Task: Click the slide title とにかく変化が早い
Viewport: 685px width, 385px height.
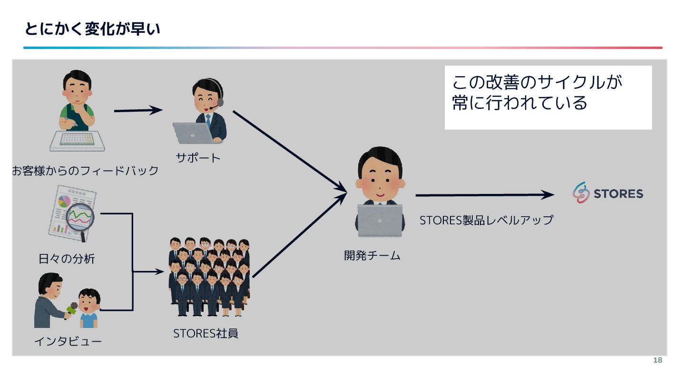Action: (x=92, y=29)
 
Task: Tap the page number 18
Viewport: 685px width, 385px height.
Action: (x=657, y=360)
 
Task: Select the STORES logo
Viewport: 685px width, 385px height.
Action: (x=608, y=193)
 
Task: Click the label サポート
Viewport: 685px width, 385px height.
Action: (x=198, y=158)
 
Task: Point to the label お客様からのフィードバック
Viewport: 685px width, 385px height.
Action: (x=85, y=171)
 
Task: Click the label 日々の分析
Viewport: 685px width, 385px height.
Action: (x=67, y=259)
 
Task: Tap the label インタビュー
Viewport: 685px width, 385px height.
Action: (x=68, y=341)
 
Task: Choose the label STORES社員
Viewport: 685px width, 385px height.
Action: (x=205, y=334)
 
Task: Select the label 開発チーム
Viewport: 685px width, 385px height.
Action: (x=372, y=256)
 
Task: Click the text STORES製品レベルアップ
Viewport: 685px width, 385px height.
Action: (x=486, y=220)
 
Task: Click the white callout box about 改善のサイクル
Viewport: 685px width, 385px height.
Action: (x=548, y=97)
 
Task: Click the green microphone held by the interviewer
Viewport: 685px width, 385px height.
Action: (x=71, y=309)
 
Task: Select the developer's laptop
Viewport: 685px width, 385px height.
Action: (x=380, y=220)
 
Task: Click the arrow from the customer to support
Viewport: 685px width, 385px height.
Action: (x=138, y=110)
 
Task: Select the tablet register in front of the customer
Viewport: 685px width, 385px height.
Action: (x=77, y=140)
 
